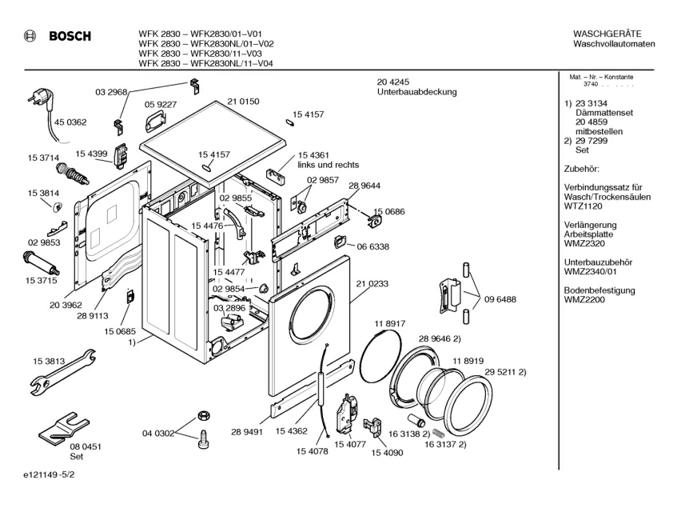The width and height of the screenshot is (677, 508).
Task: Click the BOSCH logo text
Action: point(70,36)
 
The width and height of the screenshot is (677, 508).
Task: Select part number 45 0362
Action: point(70,122)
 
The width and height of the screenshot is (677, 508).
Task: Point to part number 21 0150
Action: point(243,102)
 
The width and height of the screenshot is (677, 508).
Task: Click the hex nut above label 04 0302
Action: point(202,415)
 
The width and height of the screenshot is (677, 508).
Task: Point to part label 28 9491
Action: point(248,433)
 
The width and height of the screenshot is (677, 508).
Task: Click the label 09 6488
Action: point(500,299)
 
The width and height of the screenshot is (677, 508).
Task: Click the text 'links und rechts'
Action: point(328,165)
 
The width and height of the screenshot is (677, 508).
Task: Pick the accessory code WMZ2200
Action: point(583,301)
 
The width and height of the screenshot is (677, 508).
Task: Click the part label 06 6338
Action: point(373,247)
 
